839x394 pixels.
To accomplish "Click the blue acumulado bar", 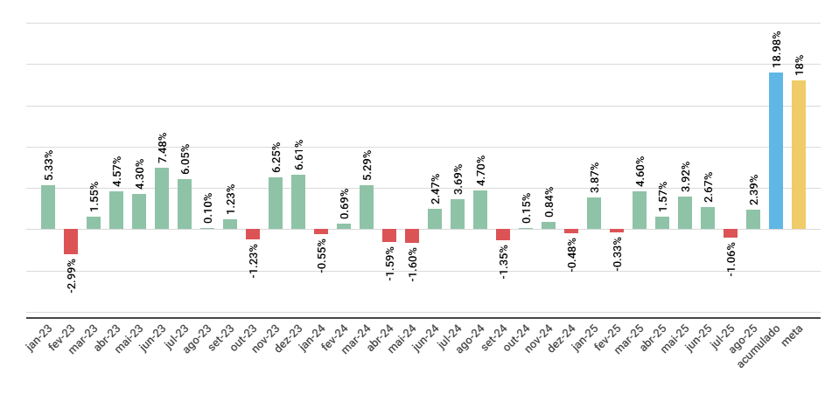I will pos(776,150).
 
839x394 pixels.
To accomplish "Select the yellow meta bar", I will pos(799,155).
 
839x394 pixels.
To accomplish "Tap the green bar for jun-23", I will pos(162,198).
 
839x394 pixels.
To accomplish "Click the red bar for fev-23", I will pos(71,241).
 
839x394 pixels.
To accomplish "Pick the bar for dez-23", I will pos(298,202).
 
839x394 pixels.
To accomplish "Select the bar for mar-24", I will pos(367,207).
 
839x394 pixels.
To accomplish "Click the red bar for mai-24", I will pos(412,236).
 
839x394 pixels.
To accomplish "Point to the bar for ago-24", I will pos(480,210).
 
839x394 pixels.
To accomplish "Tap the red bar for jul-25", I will pos(731,233).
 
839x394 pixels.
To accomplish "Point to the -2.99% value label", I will pos(72,275).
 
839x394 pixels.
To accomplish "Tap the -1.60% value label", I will pos(413,264).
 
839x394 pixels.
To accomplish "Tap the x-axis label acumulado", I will pos(759,346).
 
